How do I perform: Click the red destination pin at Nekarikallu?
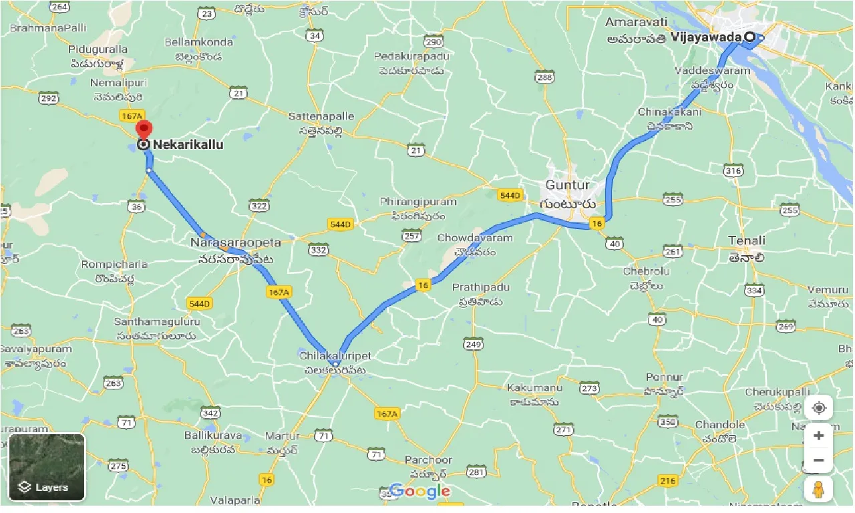[x=143, y=129]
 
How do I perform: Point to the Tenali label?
[x=747, y=240]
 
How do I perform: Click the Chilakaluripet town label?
[x=335, y=356]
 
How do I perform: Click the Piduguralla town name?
[x=98, y=49]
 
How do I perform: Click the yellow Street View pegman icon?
[x=819, y=489]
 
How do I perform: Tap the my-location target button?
[x=819, y=407]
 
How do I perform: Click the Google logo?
[x=419, y=492]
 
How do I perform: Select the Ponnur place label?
[x=665, y=377]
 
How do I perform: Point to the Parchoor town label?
[x=428, y=460]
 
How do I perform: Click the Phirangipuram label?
[x=418, y=202]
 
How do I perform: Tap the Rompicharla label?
[x=114, y=265]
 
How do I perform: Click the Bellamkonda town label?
[x=199, y=42]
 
